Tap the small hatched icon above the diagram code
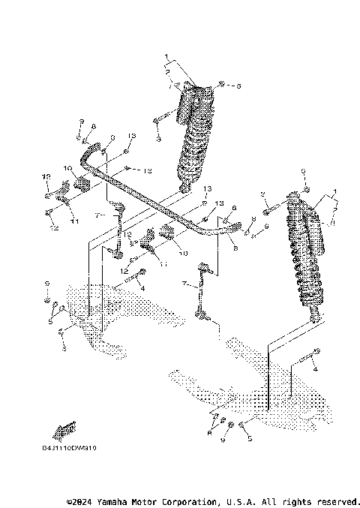(65, 428)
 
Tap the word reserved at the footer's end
(342, 500)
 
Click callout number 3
(159, 140)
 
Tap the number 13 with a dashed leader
(147, 170)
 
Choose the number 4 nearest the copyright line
(316, 370)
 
